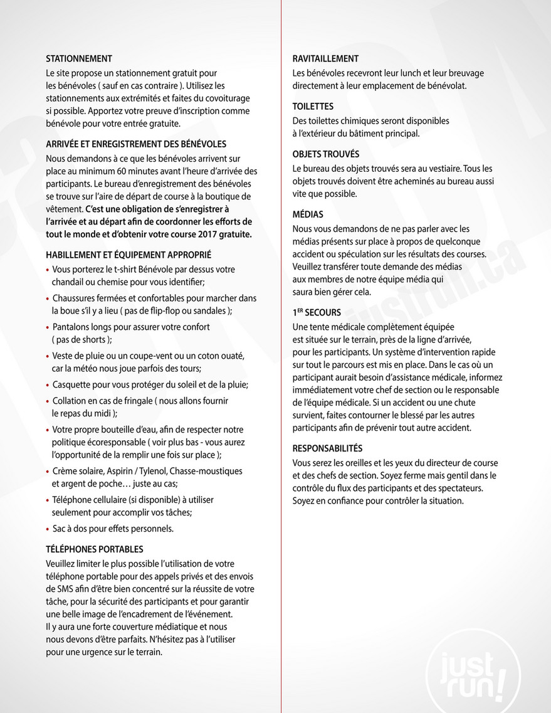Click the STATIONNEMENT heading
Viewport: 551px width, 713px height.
click(x=79, y=59)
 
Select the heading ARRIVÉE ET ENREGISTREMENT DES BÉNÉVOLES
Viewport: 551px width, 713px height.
click(x=136, y=144)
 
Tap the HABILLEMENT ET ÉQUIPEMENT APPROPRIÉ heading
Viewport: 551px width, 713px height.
click(x=129, y=255)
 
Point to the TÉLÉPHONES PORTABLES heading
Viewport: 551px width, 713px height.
click(x=95, y=549)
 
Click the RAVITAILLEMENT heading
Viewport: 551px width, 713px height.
click(x=325, y=59)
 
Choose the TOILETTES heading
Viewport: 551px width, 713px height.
click(x=313, y=107)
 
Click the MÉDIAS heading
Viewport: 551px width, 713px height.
click(x=308, y=214)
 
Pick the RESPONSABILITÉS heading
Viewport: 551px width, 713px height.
click(x=327, y=448)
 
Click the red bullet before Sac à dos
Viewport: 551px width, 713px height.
click(x=48, y=529)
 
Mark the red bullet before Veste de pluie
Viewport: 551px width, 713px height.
click(x=48, y=356)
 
